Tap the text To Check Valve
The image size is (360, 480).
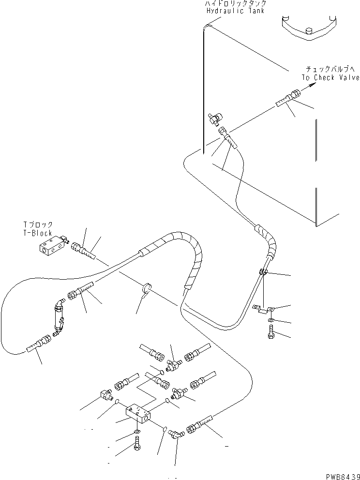(330, 77)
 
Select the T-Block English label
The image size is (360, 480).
(38, 233)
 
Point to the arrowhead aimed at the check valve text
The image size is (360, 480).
(310, 86)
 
